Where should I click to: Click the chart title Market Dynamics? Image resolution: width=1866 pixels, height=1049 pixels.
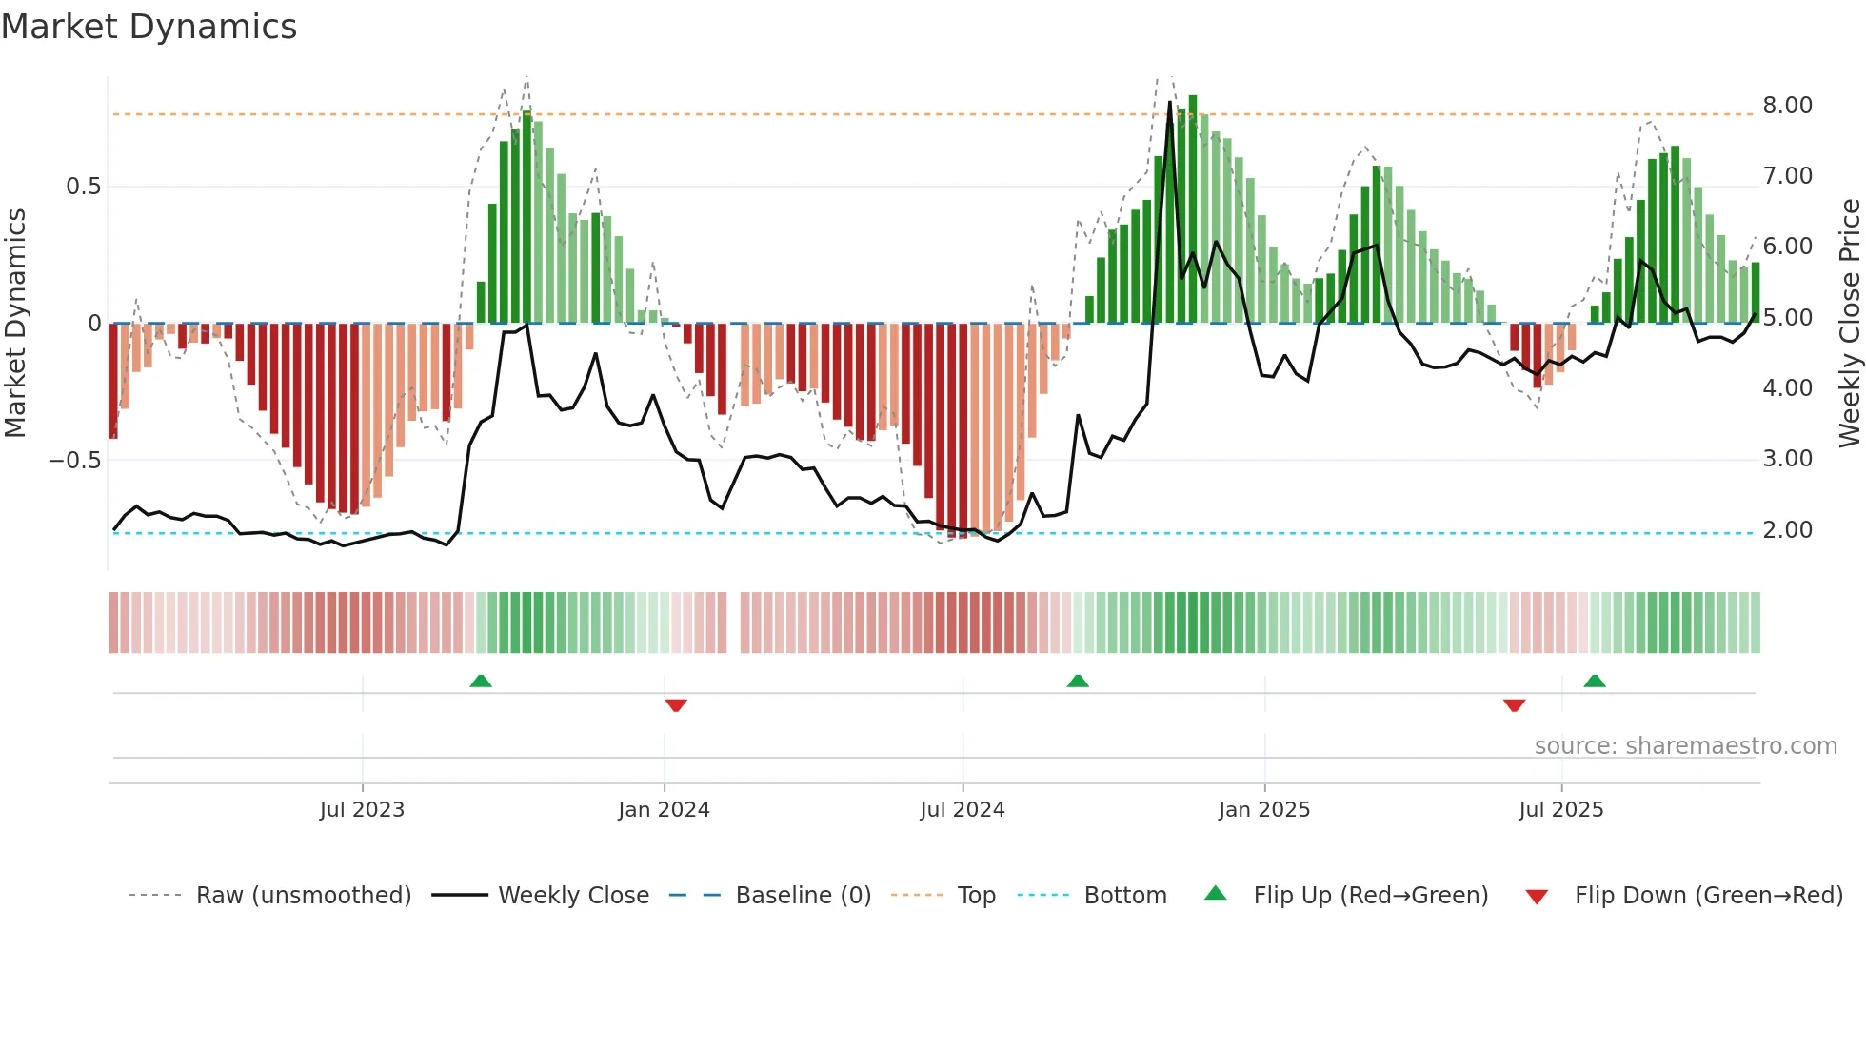[149, 27]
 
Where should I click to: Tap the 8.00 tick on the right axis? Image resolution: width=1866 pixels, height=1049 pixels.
[1787, 106]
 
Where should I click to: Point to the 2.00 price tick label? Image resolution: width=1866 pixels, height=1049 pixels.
[1787, 530]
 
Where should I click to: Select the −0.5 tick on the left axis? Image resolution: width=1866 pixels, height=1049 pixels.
[74, 461]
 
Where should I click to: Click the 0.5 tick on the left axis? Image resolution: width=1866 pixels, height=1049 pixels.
[83, 187]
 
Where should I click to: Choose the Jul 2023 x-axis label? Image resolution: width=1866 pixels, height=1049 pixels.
[362, 810]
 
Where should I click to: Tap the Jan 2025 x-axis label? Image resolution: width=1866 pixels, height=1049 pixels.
[1263, 810]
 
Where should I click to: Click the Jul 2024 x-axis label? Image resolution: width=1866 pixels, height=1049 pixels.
[962, 810]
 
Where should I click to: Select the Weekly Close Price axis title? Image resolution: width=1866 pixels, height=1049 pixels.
[1849, 323]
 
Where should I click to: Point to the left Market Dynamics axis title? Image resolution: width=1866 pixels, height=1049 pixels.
[15, 323]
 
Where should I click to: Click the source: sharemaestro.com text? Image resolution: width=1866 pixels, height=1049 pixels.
[1685, 746]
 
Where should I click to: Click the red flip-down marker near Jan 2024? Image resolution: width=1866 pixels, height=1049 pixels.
[676, 705]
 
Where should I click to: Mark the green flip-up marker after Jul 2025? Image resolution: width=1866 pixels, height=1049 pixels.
[1595, 681]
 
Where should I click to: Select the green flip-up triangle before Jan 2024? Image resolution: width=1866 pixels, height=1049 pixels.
[481, 681]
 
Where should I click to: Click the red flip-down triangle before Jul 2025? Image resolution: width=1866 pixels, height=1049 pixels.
[1514, 705]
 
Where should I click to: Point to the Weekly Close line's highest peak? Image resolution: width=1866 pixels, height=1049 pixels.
[1170, 103]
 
